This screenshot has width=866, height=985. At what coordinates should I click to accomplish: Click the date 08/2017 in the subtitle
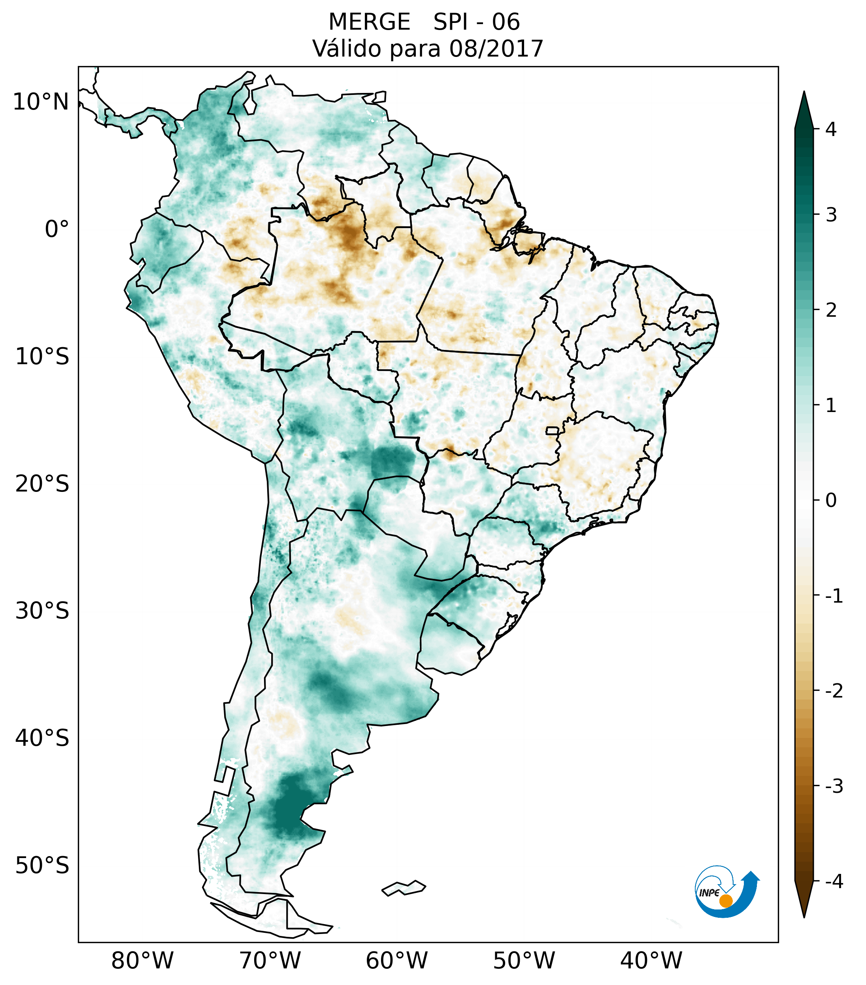tap(496, 49)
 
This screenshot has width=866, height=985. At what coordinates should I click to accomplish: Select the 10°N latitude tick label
tap(41, 102)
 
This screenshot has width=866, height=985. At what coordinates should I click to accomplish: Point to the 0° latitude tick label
tap(57, 229)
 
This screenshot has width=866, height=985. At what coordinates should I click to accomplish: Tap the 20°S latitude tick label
tap(42, 484)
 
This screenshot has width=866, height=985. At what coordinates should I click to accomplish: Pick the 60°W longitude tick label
tap(396, 960)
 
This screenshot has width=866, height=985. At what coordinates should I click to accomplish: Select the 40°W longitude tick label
tap(651, 960)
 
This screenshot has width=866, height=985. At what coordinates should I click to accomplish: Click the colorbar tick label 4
tap(831, 129)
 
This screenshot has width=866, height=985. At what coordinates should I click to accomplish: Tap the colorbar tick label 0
tap(831, 501)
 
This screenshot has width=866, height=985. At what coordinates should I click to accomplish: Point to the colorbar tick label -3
tap(834, 786)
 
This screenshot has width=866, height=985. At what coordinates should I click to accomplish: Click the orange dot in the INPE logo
tap(725, 901)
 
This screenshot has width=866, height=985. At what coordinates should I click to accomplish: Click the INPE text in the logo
tap(709, 893)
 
